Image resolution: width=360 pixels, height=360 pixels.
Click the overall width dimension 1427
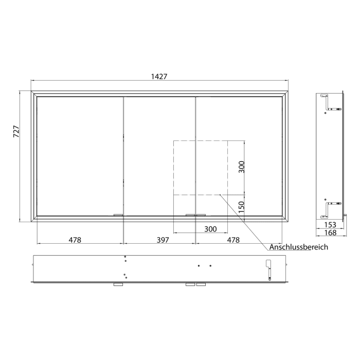coord(159,76)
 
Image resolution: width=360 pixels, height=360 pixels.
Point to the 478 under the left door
coord(75,240)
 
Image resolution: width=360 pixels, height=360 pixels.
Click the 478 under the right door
coord(233,240)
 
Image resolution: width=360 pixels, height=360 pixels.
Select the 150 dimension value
coord(242,207)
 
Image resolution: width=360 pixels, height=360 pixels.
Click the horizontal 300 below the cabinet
coord(210,229)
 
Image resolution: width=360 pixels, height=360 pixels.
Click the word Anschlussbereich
coord(298,247)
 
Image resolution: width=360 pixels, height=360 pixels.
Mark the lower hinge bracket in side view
coord(329,207)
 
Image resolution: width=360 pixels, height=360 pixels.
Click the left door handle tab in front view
coord(118,214)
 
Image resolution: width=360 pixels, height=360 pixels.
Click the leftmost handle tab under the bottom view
coord(118,284)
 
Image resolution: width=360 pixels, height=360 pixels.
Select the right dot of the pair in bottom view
coord(210,266)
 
